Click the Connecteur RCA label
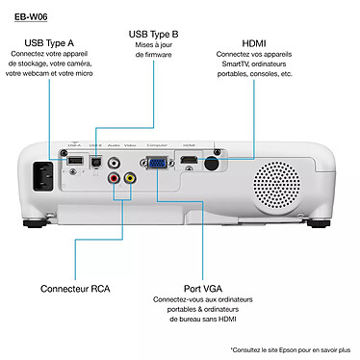click(x=79, y=289)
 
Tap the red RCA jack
click(x=114, y=178)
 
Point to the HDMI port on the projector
click(x=190, y=160)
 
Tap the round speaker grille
click(x=278, y=176)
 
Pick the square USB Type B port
click(x=95, y=163)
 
